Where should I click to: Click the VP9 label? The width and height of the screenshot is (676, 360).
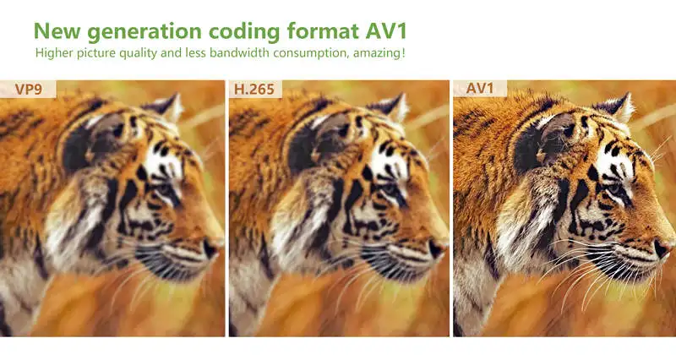coord(29,90)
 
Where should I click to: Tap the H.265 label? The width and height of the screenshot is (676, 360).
coord(254,90)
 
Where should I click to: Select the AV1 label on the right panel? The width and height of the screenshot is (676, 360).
coord(479,89)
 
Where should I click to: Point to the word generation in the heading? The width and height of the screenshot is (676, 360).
coord(146,32)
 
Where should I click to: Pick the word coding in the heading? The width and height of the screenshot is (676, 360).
coord(244,32)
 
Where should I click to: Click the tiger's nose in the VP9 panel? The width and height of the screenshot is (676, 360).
coord(212,248)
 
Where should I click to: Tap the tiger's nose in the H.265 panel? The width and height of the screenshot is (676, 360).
coord(436,248)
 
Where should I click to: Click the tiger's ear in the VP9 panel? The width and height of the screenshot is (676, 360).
coord(166,108)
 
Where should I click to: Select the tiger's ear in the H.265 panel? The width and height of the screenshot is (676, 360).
coord(390,108)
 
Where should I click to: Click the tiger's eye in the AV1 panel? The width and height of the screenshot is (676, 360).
coord(614,188)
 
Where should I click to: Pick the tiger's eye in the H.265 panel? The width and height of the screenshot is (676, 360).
coord(389,189)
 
